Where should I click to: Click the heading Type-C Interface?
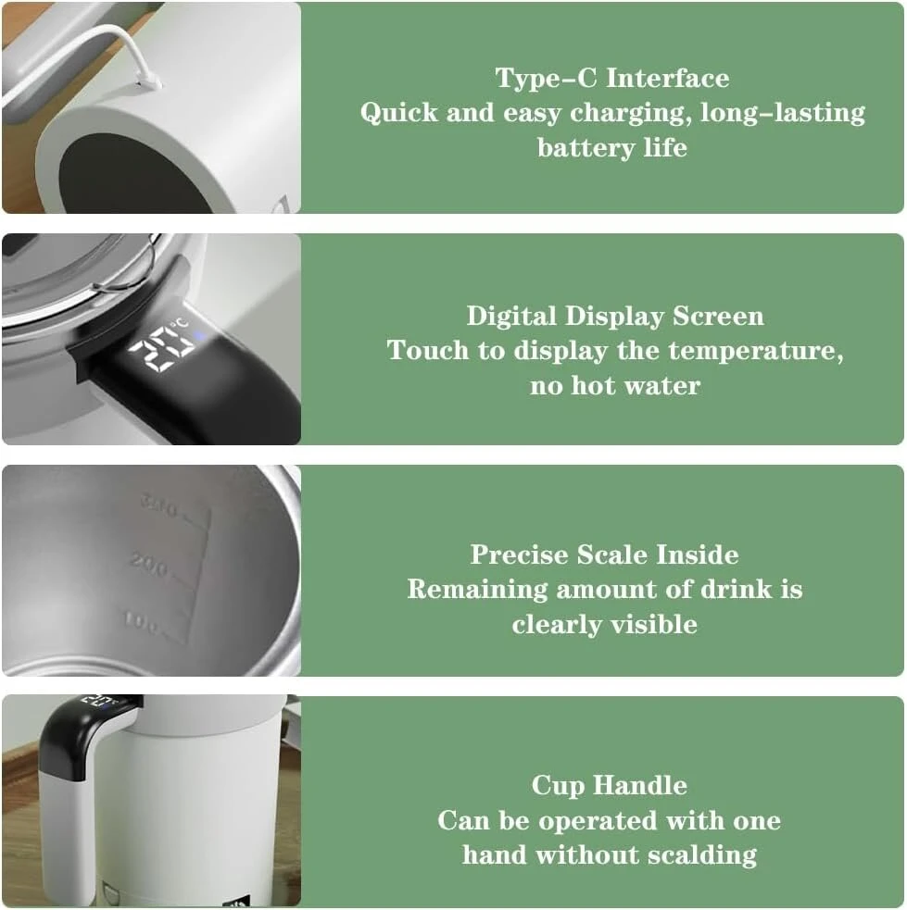pos(612,78)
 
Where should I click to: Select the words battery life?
pos(612,147)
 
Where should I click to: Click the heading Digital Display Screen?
pos(615,317)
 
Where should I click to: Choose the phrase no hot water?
pos(615,385)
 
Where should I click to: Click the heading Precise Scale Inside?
pos(604,555)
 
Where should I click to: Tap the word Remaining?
pos(477,590)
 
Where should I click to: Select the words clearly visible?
pos(604,625)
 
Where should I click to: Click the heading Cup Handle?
pos(609,786)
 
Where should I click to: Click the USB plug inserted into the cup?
pos(150,81)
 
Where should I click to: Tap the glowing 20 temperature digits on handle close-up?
pos(161,348)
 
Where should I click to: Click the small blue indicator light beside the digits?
pos(199,336)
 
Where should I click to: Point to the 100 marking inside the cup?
pos(141,621)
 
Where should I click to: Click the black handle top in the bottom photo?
pos(87,726)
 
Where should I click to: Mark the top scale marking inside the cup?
pos(158,505)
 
